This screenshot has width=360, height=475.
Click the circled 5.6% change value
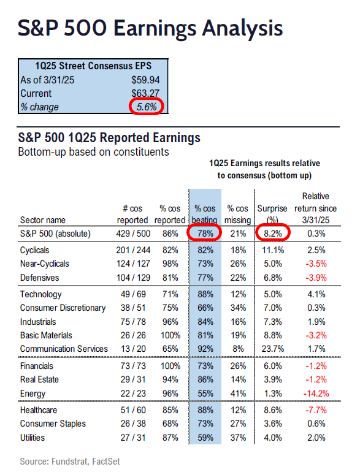(x=147, y=107)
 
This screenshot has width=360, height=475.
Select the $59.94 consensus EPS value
(x=145, y=80)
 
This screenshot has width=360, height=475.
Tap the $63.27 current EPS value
(x=145, y=93)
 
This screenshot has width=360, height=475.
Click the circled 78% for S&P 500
(x=205, y=234)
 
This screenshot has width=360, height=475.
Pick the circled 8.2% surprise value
(x=273, y=234)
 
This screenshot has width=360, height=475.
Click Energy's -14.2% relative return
(x=316, y=393)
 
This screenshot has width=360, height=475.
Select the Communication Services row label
(x=64, y=349)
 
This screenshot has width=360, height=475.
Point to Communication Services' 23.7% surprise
(x=273, y=349)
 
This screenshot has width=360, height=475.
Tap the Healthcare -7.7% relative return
(x=316, y=410)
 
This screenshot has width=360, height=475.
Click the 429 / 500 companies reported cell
(x=133, y=234)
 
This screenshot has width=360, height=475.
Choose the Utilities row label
(x=33, y=438)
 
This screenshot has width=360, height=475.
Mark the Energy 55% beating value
(x=205, y=393)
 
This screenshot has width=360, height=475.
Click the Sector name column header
(x=43, y=220)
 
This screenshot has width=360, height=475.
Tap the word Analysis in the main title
(x=242, y=28)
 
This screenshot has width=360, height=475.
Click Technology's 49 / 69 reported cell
(x=133, y=294)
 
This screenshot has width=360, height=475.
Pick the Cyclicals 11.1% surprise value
(x=273, y=250)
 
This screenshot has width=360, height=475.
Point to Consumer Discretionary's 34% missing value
(x=238, y=308)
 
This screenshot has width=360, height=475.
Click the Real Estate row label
(x=39, y=379)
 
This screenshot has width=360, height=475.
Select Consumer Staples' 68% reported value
(x=170, y=424)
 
